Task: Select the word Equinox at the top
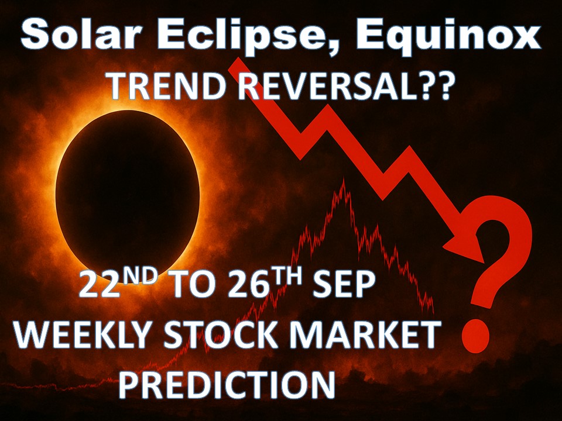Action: click(448, 36)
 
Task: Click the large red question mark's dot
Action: click(475, 336)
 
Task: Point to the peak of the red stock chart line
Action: click(344, 179)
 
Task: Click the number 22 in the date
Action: click(100, 284)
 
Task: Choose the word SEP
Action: click(344, 284)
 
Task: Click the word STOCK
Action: click(221, 334)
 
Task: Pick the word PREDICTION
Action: click(227, 385)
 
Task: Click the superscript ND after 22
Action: click(140, 275)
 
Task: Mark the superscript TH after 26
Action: click(286, 275)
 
